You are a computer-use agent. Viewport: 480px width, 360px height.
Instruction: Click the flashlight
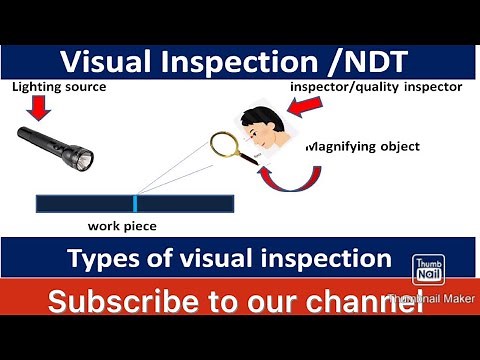57,145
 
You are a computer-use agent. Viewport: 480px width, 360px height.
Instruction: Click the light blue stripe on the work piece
136,203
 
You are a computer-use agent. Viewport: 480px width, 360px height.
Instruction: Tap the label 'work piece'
122,226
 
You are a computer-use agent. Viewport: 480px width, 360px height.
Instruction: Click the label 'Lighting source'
58,87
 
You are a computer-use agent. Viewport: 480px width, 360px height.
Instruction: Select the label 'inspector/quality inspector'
376,87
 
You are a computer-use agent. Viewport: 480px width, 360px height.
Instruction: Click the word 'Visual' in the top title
107,61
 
